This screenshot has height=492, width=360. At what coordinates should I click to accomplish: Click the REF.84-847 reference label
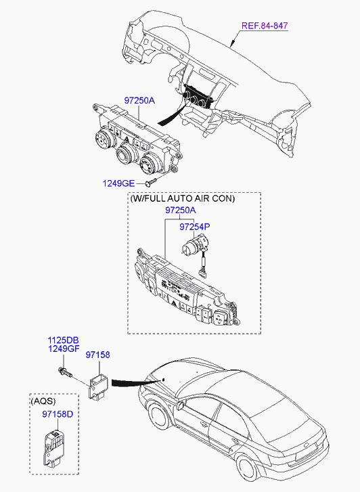[x=265, y=26]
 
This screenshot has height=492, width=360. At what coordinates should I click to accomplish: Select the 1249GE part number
[x=118, y=183]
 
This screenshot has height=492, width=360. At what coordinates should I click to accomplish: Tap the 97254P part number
[x=195, y=227]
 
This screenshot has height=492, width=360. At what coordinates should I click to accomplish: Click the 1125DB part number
[x=64, y=340]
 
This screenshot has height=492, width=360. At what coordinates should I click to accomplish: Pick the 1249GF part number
[x=64, y=349]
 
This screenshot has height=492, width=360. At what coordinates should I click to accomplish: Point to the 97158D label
[x=58, y=414]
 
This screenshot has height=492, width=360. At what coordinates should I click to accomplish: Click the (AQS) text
[x=43, y=401]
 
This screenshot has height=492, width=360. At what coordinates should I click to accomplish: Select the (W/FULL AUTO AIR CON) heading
[x=182, y=198]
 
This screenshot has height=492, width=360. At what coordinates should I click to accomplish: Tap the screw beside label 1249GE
[x=152, y=181]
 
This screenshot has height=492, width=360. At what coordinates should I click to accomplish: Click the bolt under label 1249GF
[x=65, y=372]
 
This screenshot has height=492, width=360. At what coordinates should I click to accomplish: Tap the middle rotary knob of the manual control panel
[x=126, y=155]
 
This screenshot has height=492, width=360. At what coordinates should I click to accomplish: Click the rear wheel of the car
[x=248, y=467]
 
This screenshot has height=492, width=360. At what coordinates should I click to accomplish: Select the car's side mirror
[x=180, y=405]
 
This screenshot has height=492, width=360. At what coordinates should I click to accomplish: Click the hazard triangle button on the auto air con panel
[x=173, y=303]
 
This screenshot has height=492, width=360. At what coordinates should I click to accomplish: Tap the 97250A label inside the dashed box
[x=181, y=210]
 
